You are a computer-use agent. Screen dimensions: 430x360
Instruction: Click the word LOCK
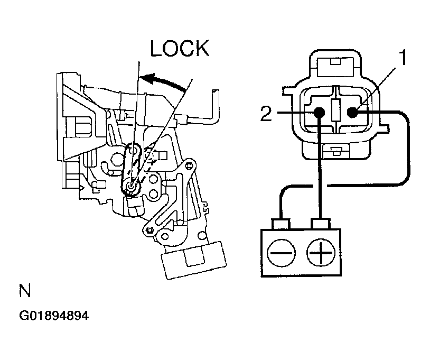click(x=180, y=49)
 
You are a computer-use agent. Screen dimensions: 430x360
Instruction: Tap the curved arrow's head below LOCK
click(x=148, y=78)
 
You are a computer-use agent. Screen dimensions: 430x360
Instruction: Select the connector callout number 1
click(x=403, y=57)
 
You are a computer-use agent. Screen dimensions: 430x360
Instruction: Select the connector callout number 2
click(x=266, y=114)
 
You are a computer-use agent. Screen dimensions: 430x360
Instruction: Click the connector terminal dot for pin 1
click(x=353, y=112)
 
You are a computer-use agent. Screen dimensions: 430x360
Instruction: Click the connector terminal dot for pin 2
click(x=319, y=113)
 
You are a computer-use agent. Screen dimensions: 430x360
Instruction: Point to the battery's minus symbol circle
click(x=281, y=253)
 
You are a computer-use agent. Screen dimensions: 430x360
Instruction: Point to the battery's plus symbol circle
click(x=321, y=253)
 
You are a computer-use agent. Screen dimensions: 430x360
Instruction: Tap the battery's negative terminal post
click(x=281, y=224)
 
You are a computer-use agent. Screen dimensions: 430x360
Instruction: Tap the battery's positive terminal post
click(x=320, y=224)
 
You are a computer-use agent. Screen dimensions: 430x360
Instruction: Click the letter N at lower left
click(x=25, y=291)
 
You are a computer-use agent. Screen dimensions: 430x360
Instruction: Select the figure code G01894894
click(x=54, y=316)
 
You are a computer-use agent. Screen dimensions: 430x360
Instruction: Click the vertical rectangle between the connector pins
click(x=335, y=110)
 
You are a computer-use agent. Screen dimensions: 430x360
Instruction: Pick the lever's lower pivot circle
click(x=131, y=186)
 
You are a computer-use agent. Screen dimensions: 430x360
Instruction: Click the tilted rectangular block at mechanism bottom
click(x=194, y=261)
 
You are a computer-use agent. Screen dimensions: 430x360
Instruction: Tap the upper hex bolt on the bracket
click(x=189, y=165)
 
